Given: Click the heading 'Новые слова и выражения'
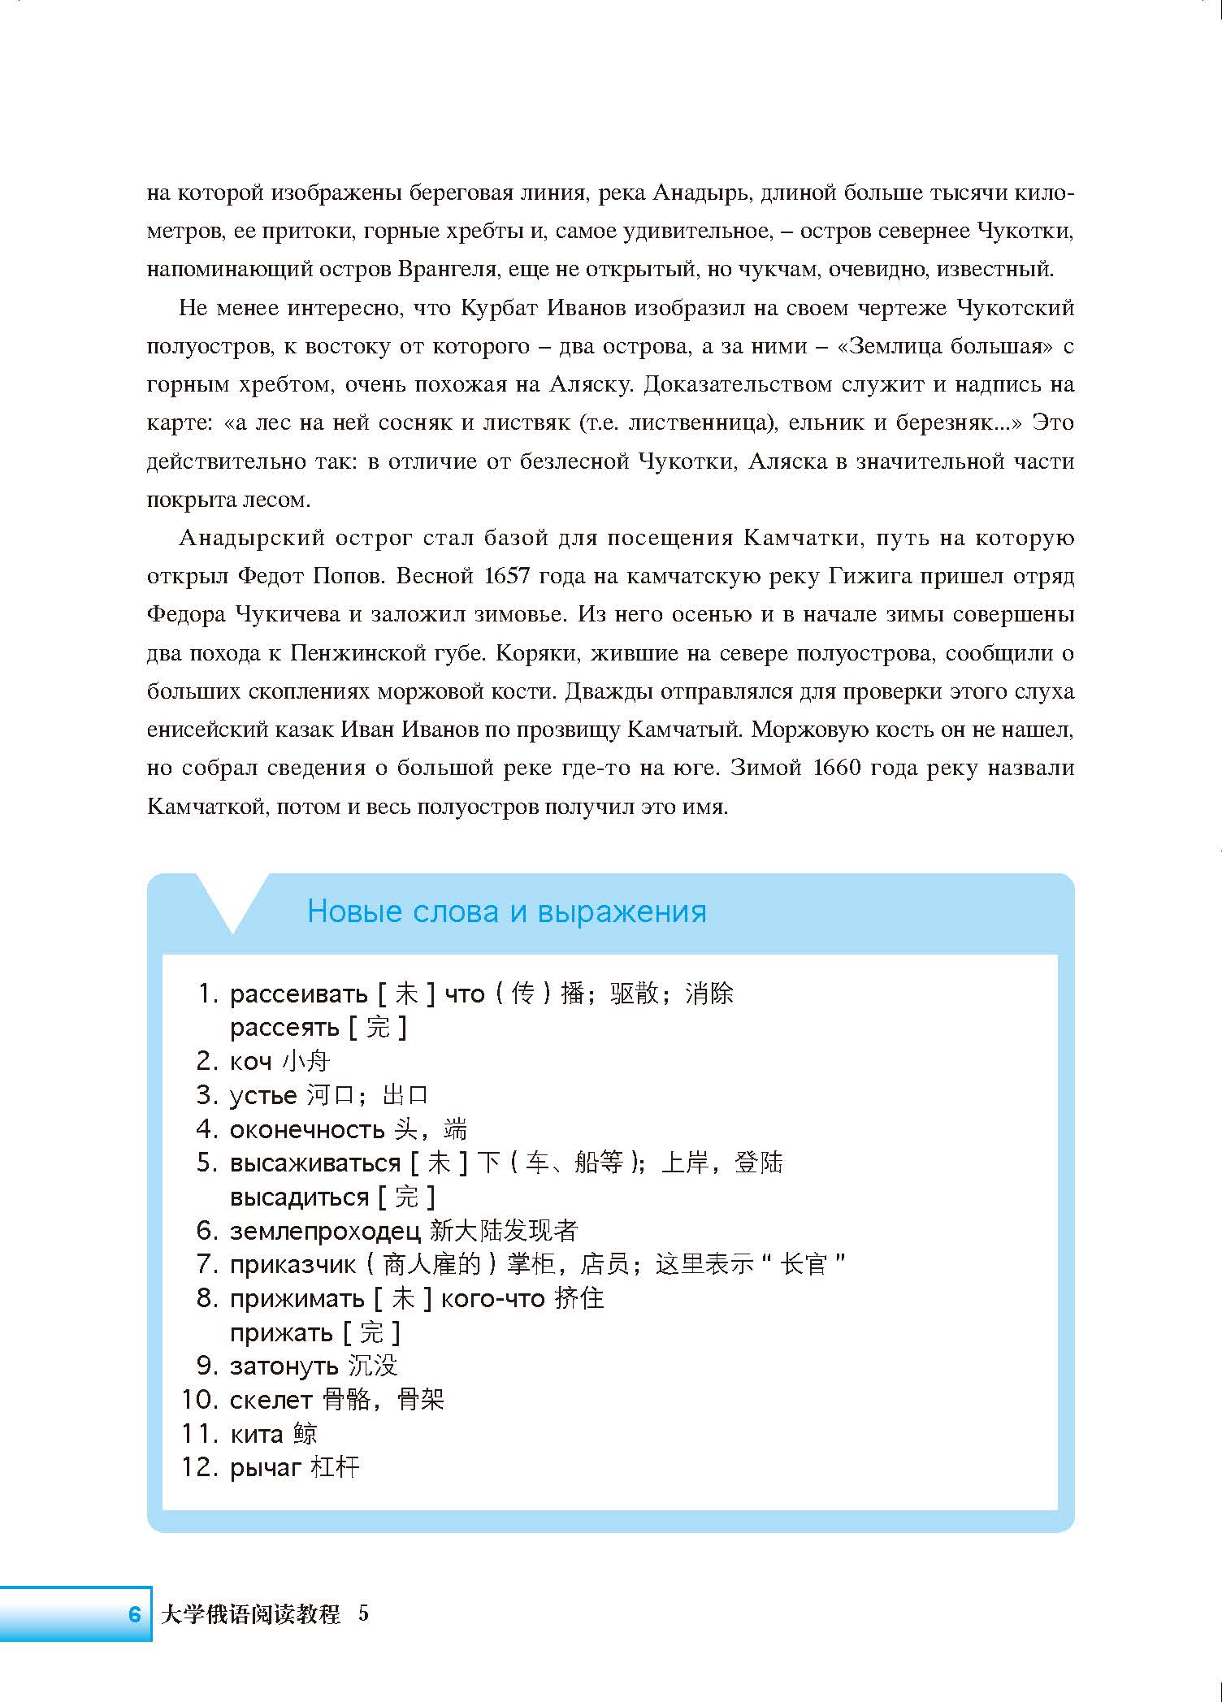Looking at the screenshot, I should coord(506,912).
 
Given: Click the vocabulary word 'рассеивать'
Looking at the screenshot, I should coord(299,994).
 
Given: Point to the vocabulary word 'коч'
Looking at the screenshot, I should coord(250,1061).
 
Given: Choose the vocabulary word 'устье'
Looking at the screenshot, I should coord(263,1095).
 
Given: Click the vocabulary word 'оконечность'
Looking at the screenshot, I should coord(307,1129).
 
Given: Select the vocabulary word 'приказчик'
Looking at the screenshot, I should coord(292,1265).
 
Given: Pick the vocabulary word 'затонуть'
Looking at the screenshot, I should coord(284,1366).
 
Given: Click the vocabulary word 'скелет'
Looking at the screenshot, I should coord(271,1400).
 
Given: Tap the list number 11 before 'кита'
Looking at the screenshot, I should coord(200,1434).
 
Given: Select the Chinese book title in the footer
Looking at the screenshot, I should coord(250,1613).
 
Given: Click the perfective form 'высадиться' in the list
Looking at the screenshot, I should coord(299,1197).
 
